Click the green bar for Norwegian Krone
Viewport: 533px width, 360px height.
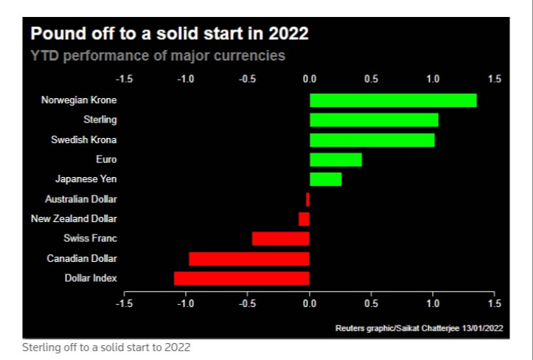[393, 100]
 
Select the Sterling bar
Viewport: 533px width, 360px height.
[374, 120]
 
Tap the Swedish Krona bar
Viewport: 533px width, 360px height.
[372, 139]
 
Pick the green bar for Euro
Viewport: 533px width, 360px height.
[335, 159]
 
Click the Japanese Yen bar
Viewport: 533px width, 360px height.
[325, 179]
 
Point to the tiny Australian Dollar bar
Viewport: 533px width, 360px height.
[307, 199]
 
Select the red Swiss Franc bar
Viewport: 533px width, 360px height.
[280, 238]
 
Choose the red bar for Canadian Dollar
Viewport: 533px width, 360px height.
[248, 258]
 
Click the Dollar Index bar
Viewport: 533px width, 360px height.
[241, 278]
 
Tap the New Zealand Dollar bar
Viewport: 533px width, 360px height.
[304, 219]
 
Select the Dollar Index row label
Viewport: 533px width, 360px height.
[91, 278]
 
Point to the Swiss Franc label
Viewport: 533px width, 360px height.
[91, 238]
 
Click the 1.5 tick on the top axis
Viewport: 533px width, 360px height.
[494, 78]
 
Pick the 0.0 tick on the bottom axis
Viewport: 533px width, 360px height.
[310, 303]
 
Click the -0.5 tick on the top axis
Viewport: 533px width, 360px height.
[247, 78]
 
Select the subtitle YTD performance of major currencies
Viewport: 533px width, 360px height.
[157, 55]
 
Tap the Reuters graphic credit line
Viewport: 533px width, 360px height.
[419, 328]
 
